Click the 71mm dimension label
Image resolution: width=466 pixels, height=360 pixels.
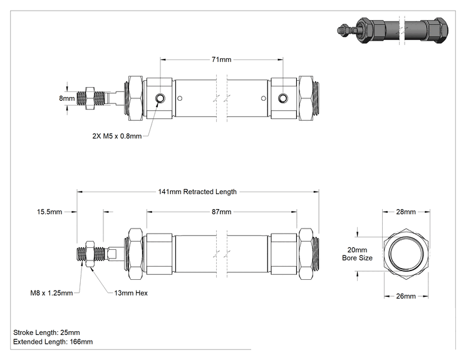[221, 59]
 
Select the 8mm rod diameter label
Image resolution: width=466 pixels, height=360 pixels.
[67, 98]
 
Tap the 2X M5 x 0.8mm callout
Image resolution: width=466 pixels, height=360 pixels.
[116, 136]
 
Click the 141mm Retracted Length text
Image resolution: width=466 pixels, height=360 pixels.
[197, 192]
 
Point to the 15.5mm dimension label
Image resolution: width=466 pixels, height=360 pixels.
[49, 212]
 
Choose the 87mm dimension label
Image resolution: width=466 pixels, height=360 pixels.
[221, 212]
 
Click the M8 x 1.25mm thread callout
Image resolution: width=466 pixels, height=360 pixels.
[52, 293]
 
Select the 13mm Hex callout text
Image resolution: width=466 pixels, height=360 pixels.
[131, 293]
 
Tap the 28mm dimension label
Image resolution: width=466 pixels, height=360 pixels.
[406, 212]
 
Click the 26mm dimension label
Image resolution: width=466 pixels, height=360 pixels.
[406, 296]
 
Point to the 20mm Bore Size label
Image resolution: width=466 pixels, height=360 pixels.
[357, 254]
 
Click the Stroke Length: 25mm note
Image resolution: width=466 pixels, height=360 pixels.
[46, 332]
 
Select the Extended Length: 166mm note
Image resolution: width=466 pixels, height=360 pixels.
[53, 342]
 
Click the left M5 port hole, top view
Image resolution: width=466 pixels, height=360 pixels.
[160, 98]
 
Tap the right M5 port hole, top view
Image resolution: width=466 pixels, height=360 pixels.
[282, 98]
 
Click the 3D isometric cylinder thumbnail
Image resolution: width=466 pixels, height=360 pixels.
[393, 30]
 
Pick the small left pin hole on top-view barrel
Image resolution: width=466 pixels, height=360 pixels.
[180, 98]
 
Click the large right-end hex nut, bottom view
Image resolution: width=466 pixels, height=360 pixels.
[306, 254]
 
